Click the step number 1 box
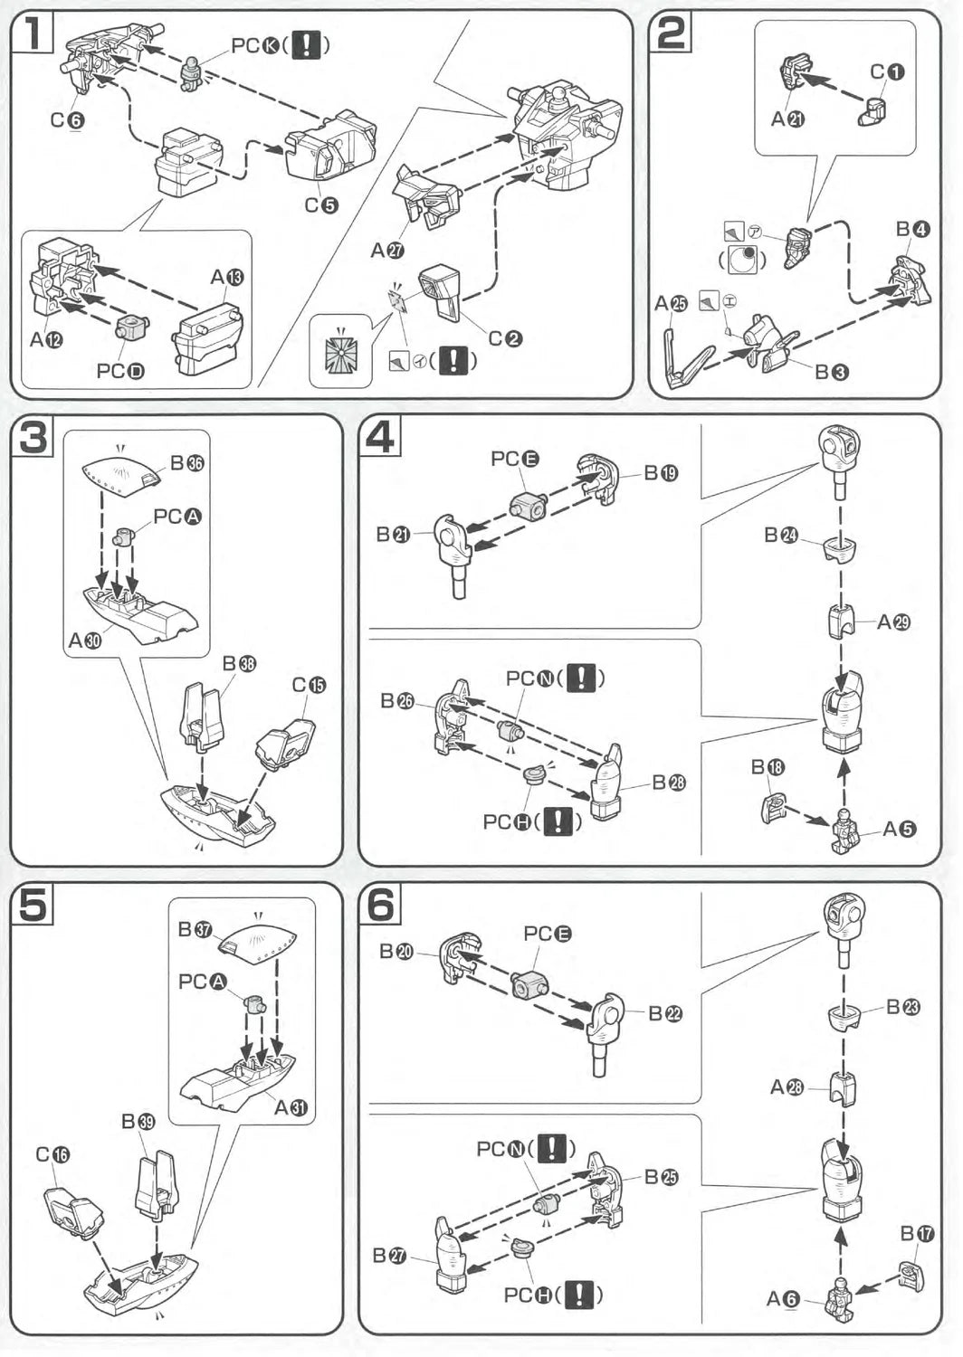point(32,33)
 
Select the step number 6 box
point(380,904)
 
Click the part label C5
point(320,205)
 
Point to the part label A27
point(387,251)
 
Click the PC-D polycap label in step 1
point(120,371)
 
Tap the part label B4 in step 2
point(912,230)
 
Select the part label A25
point(672,304)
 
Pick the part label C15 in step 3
point(309,686)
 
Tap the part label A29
point(893,622)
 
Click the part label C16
point(52,1154)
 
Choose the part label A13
point(226,277)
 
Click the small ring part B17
point(911,1276)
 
